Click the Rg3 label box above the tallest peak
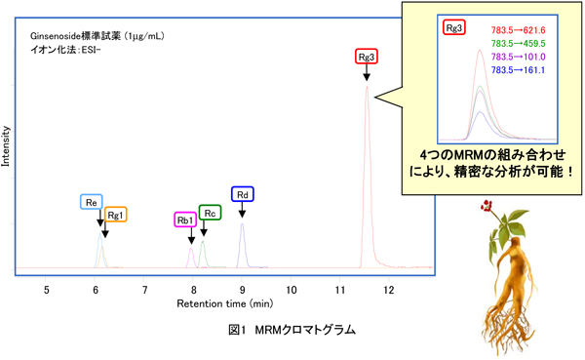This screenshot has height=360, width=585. (x=367, y=58)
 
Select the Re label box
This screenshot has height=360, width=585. (x=91, y=202)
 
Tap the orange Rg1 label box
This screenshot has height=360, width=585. (x=115, y=215)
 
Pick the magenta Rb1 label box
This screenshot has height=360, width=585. (x=184, y=220)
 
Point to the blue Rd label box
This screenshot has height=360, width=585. (x=242, y=194)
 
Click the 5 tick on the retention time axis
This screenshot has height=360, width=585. (x=46, y=290)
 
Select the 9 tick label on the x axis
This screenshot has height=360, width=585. (x=242, y=290)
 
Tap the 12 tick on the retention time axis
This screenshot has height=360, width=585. (x=388, y=290)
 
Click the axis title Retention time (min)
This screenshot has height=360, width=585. (x=217, y=304)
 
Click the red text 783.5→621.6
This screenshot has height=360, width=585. (x=517, y=31)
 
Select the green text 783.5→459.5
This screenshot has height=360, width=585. (x=517, y=44)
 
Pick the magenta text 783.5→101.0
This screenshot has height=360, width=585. (x=517, y=57)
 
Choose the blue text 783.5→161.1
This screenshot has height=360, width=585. (x=517, y=69)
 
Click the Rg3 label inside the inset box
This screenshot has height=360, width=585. (x=454, y=29)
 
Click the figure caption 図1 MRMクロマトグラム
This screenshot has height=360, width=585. (x=292, y=331)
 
